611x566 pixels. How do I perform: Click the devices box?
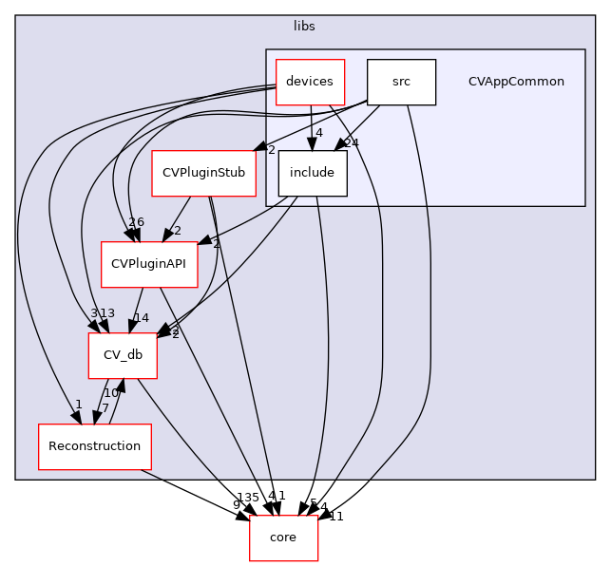click(310, 82)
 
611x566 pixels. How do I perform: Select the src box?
click(401, 82)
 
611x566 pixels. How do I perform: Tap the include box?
click(312, 173)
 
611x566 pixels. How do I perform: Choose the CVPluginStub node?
click(203, 173)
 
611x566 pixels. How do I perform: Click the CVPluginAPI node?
click(149, 264)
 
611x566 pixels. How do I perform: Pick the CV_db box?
click(122, 355)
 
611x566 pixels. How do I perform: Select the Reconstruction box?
click(94, 446)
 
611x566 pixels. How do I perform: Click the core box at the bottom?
click(283, 538)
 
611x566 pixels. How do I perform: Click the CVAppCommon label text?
click(516, 82)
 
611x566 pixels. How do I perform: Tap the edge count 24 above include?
click(351, 142)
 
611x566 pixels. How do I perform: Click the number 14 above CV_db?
click(141, 318)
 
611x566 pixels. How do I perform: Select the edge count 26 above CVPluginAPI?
click(136, 222)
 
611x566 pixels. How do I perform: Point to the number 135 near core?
click(247, 497)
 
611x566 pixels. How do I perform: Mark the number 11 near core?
click(335, 516)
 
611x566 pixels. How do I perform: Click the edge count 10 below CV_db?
click(111, 392)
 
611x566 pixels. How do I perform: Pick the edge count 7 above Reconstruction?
click(105, 408)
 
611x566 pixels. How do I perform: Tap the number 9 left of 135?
click(236, 504)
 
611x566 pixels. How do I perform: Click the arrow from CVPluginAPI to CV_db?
click(136, 310)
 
